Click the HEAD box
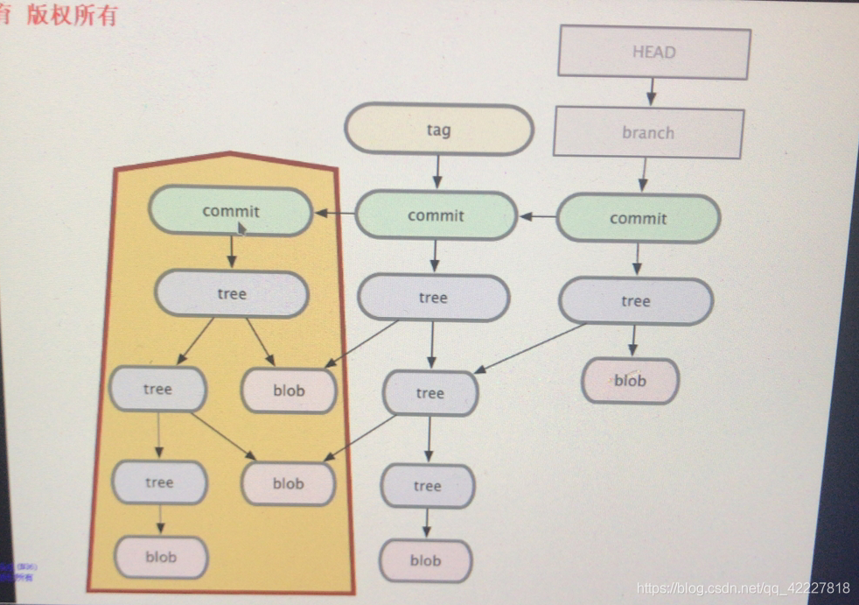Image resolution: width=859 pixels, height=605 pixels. click(654, 53)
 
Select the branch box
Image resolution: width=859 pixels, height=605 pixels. click(648, 133)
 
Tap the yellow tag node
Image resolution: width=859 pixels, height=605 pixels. click(438, 130)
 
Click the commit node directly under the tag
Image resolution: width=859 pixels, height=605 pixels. click(436, 215)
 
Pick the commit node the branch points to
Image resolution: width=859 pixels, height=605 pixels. click(638, 218)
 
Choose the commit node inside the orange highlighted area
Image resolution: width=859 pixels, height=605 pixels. click(231, 211)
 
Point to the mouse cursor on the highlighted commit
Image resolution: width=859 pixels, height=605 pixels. click(242, 228)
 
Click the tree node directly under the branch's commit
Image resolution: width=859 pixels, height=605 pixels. click(636, 301)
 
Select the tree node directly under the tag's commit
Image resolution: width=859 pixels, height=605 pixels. click(433, 298)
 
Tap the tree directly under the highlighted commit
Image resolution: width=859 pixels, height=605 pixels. click(232, 293)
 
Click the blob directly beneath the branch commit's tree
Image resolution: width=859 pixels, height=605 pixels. click(630, 381)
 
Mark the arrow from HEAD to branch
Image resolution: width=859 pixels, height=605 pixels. click(652, 92)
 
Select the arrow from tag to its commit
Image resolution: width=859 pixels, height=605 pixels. click(437, 172)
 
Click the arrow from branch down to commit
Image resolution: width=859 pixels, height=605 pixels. click(644, 174)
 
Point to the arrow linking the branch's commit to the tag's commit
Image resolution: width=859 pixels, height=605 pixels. click(537, 216)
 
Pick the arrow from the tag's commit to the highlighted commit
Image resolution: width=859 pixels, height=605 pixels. click(334, 213)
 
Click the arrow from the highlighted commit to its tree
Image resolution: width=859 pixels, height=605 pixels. click(232, 252)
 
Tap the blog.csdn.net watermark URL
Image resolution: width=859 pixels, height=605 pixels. click(743, 587)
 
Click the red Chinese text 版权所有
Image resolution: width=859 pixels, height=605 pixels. click(72, 15)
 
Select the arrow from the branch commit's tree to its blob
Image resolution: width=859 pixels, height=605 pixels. click(633, 340)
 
